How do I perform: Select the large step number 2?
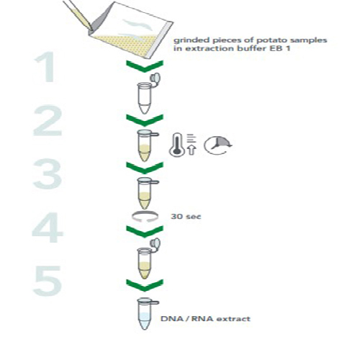(x=48, y=121)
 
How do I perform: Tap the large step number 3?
(x=48, y=174)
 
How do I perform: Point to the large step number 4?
(x=48, y=228)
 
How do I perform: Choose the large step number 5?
(x=48, y=281)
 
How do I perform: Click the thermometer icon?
(x=177, y=144)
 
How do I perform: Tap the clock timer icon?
(x=217, y=145)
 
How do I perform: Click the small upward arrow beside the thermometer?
(x=192, y=150)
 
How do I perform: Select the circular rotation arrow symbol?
(x=145, y=216)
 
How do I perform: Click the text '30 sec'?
(x=186, y=217)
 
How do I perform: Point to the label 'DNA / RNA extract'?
(x=205, y=319)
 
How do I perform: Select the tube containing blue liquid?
(x=145, y=314)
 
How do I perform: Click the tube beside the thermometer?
(x=145, y=145)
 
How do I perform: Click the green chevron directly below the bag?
(x=145, y=66)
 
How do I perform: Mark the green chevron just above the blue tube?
(x=145, y=285)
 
